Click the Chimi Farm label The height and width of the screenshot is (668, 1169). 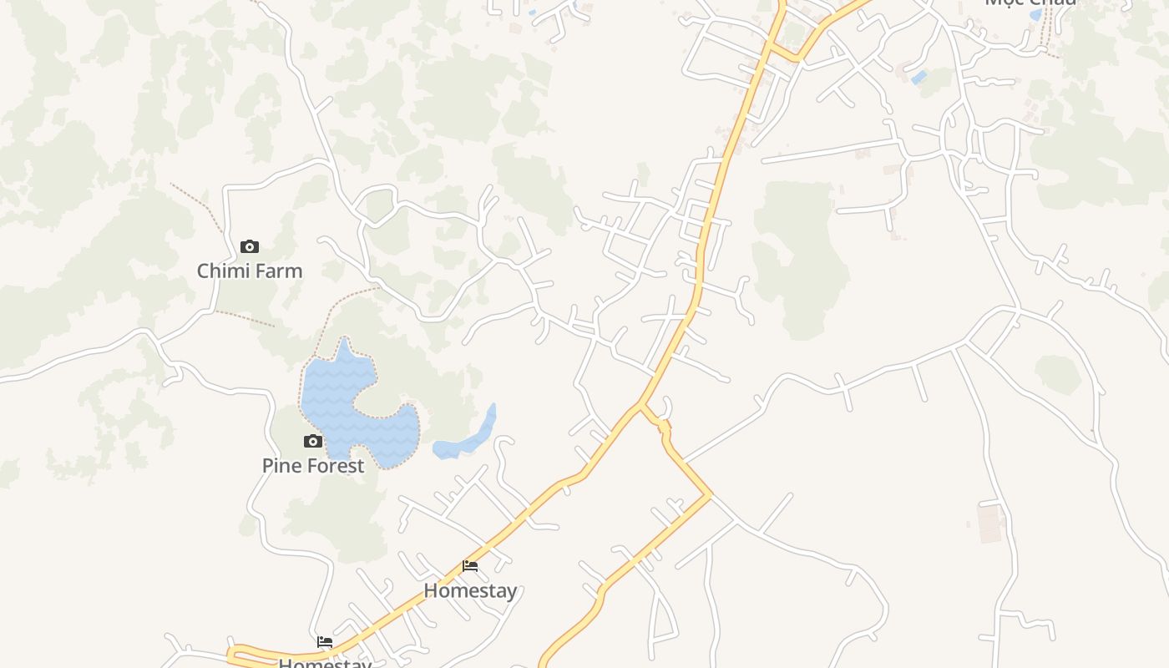point(250,271)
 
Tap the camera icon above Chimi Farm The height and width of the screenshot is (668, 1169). point(249,246)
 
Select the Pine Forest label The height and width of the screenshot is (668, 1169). point(313,465)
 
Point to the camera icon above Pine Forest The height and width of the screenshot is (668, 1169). point(313,441)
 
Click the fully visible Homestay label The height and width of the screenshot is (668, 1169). point(470,590)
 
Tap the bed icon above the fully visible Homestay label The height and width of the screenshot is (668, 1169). point(470,566)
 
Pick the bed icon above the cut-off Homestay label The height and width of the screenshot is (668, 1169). point(325,642)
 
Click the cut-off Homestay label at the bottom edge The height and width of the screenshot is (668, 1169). point(325,663)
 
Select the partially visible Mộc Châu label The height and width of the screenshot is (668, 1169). point(1030,3)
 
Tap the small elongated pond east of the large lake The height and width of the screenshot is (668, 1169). point(468,438)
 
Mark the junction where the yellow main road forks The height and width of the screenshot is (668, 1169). point(641,406)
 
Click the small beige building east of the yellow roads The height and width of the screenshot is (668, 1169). point(989,522)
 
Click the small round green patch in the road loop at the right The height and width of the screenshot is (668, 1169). point(1058,373)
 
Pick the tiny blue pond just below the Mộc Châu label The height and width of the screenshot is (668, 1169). point(1035,15)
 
